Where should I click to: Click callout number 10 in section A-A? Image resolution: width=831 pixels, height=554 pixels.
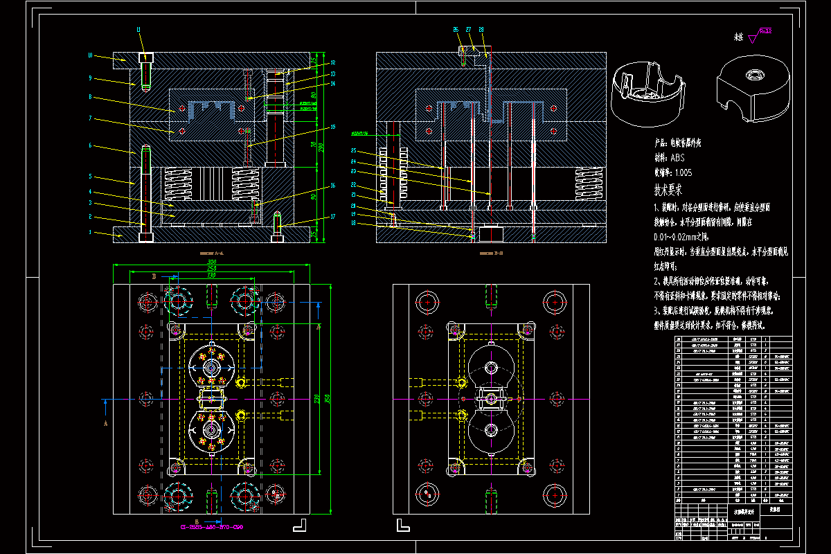90,55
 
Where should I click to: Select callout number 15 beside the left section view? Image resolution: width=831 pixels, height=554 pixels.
332,127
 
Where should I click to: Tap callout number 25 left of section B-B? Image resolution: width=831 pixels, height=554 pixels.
354,150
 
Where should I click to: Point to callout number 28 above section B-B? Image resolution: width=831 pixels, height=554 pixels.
481,30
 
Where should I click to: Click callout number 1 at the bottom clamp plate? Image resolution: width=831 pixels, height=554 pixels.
90,233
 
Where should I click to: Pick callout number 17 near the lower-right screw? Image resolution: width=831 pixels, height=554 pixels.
332,217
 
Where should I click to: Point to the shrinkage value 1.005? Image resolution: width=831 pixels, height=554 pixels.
681,173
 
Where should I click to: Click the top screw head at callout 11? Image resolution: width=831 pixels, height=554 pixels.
145,58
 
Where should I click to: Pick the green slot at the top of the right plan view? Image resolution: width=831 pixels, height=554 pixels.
492,296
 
